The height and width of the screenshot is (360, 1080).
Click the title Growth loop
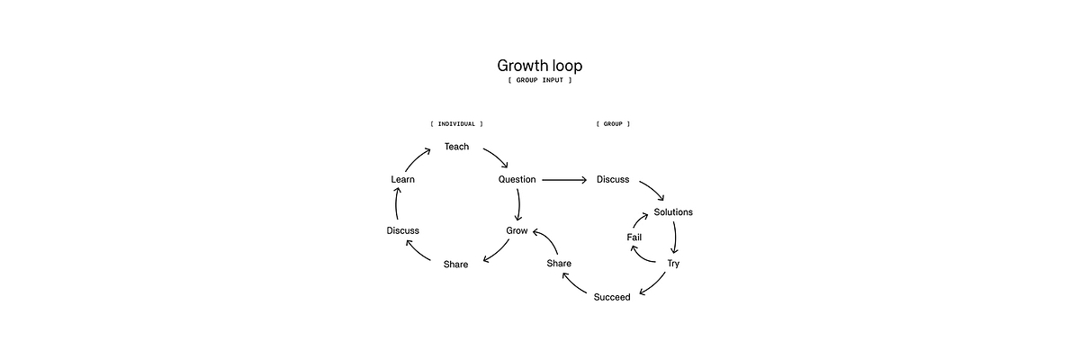click(540, 66)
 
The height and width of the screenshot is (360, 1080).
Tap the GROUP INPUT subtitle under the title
click(540, 81)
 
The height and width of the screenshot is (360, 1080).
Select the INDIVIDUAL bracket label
click(456, 123)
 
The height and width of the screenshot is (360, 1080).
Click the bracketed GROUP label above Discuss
click(613, 123)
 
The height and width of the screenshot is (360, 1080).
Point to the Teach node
click(456, 147)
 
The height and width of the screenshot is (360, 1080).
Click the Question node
click(517, 179)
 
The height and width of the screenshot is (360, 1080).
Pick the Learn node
click(402, 179)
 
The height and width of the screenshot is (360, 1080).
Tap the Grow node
click(517, 230)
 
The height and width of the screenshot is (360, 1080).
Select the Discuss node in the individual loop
click(402, 230)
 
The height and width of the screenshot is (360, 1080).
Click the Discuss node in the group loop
click(613, 179)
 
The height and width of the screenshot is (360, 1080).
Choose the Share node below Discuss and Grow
click(455, 264)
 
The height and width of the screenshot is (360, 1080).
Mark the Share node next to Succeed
click(559, 263)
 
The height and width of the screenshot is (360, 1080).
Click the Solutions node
click(673, 212)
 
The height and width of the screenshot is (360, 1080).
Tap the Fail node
click(634, 237)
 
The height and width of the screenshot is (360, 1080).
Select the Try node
click(673, 263)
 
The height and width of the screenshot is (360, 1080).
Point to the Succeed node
click(612, 297)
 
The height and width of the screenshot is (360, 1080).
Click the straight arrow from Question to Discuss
click(564, 179)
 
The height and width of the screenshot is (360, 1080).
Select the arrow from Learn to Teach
click(418, 159)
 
